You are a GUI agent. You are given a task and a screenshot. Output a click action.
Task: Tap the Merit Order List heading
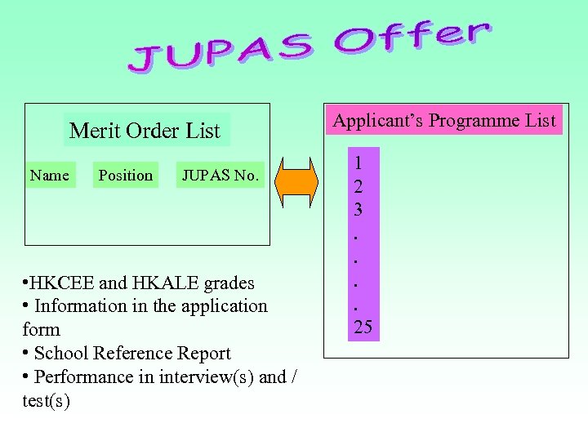click(x=145, y=131)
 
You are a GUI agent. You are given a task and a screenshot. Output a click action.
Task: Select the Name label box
click(x=49, y=175)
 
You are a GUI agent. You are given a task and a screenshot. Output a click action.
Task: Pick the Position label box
click(x=125, y=175)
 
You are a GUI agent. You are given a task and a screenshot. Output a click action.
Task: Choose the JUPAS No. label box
click(x=220, y=175)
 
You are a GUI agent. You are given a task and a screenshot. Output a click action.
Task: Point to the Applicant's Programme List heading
click(x=443, y=121)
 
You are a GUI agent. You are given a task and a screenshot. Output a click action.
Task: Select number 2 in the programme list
click(x=358, y=185)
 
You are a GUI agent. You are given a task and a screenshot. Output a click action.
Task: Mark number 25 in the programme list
click(x=363, y=327)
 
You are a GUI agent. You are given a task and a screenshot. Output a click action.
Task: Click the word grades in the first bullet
click(x=229, y=283)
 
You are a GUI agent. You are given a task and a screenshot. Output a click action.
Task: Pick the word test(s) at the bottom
click(x=47, y=401)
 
